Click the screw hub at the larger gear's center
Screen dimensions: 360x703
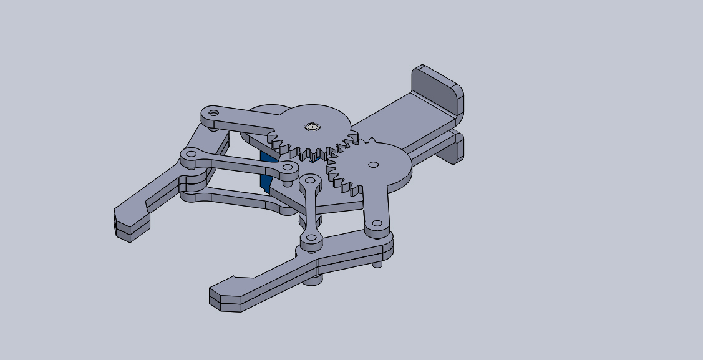click(312, 127)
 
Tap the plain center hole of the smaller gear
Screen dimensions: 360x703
click(372, 165)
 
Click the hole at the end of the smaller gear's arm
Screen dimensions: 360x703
click(377, 223)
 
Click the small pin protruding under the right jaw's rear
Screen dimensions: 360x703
click(378, 265)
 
